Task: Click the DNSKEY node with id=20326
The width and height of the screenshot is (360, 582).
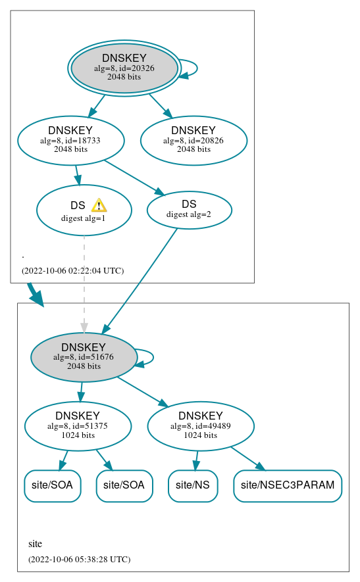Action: coord(124,68)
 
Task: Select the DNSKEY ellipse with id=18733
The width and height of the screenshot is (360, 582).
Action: coord(71,140)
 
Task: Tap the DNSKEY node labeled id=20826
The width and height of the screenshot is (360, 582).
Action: coord(193,140)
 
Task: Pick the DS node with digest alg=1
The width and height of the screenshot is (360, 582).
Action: coord(84,210)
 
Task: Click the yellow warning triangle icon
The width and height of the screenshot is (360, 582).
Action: coord(99,205)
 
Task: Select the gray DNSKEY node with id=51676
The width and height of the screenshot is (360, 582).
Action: coord(84,357)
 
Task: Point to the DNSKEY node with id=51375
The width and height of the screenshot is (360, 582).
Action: coord(78,426)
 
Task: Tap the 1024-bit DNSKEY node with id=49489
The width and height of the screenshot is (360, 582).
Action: coord(201,426)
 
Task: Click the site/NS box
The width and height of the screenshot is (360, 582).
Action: coord(193,485)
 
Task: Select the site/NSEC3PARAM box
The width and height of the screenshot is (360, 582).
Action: coord(288,485)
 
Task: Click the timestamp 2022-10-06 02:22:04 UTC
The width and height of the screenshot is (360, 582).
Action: coord(72,270)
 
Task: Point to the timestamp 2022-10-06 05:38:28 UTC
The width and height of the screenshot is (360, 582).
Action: coord(79,559)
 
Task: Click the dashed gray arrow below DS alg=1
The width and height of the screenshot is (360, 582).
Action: coord(84,283)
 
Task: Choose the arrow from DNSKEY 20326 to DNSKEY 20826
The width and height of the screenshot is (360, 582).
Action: coord(160,105)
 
